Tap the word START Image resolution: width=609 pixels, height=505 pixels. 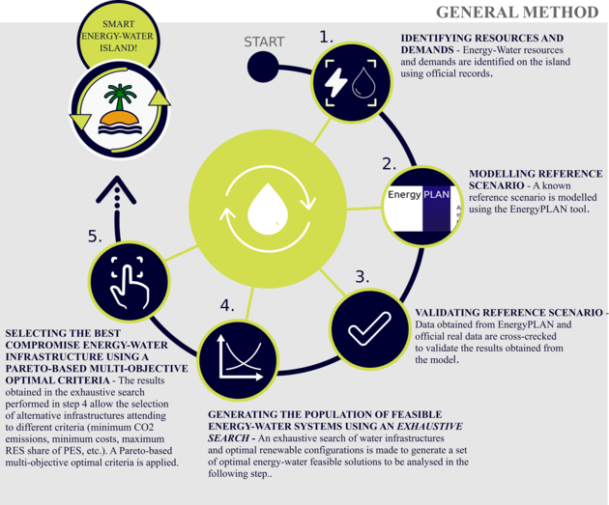(x=264, y=42)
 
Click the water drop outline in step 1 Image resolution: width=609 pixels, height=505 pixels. (x=364, y=83)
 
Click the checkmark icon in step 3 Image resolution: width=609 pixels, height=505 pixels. (x=369, y=328)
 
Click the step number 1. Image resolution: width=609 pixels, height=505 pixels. (x=326, y=37)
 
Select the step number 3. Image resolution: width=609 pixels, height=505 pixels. (x=362, y=277)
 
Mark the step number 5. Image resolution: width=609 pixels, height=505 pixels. (x=95, y=236)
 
